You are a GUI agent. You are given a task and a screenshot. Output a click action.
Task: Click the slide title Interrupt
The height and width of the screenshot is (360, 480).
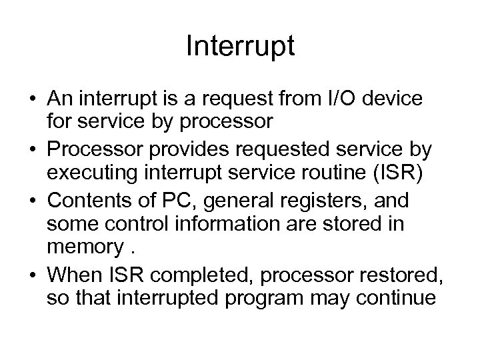(x=240, y=47)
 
